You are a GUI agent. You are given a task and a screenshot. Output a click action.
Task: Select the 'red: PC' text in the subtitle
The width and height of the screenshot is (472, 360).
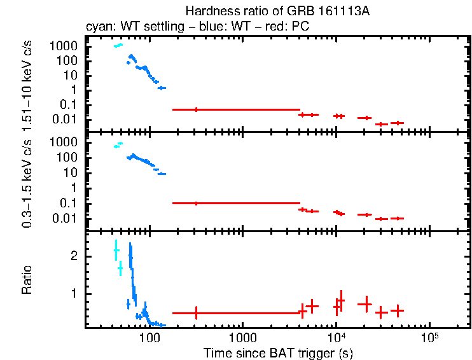(289, 27)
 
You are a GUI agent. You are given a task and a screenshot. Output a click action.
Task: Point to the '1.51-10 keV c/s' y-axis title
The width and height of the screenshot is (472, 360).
(29, 86)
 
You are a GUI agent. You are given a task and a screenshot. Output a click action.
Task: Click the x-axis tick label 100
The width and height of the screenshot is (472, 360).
(149, 336)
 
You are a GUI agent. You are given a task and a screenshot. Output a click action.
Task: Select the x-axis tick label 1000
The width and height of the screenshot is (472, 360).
(242, 336)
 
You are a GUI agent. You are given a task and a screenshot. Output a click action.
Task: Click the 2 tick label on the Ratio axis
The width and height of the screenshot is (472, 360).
(74, 256)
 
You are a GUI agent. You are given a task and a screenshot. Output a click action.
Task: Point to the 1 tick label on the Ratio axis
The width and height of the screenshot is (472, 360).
(74, 294)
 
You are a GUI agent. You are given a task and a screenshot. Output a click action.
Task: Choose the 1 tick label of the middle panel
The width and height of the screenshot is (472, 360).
(74, 188)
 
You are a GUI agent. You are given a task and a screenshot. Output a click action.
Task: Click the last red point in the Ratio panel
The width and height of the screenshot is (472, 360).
(398, 311)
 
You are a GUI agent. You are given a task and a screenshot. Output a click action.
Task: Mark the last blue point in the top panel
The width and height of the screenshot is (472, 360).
(162, 88)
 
